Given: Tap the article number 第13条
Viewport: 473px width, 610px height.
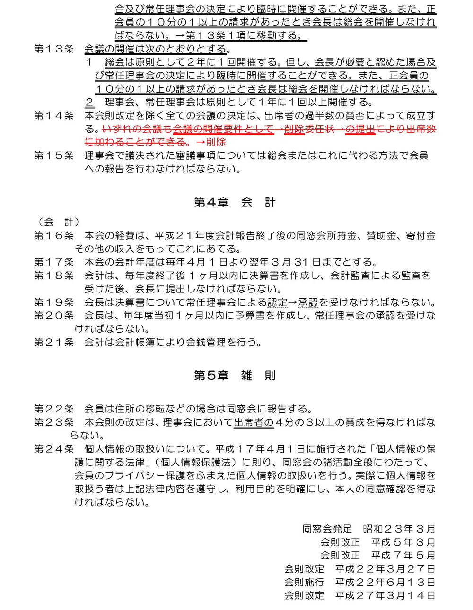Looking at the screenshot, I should (x=54, y=49).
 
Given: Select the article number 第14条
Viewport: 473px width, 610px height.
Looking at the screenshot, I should (x=54, y=115).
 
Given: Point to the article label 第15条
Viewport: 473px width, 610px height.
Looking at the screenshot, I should (x=54, y=155).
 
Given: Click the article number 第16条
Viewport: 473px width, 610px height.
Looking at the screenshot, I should (x=54, y=235).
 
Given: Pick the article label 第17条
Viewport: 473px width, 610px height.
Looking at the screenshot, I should (x=54, y=262).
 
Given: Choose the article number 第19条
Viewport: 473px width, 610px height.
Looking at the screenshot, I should (x=54, y=302).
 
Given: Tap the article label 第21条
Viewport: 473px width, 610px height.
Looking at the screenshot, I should (x=54, y=342).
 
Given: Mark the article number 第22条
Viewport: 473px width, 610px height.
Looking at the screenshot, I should (x=54, y=409).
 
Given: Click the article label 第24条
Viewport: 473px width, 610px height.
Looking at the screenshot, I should (x=54, y=448).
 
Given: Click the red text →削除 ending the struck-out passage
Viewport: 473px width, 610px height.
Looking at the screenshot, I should (x=210, y=142).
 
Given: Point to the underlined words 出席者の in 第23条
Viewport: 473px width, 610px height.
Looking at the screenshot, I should (x=254, y=422).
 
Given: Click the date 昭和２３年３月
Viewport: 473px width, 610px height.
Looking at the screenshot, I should (x=399, y=529).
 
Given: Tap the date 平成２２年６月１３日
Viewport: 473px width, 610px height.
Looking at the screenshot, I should (x=385, y=582).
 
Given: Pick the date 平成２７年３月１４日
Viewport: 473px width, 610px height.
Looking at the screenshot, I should (x=385, y=595).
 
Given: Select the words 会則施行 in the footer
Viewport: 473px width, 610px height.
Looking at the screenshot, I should (x=304, y=582).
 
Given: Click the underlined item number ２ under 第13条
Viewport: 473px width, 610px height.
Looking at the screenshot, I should (x=89, y=102).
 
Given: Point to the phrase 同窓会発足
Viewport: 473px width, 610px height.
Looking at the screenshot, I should (x=327, y=529).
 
